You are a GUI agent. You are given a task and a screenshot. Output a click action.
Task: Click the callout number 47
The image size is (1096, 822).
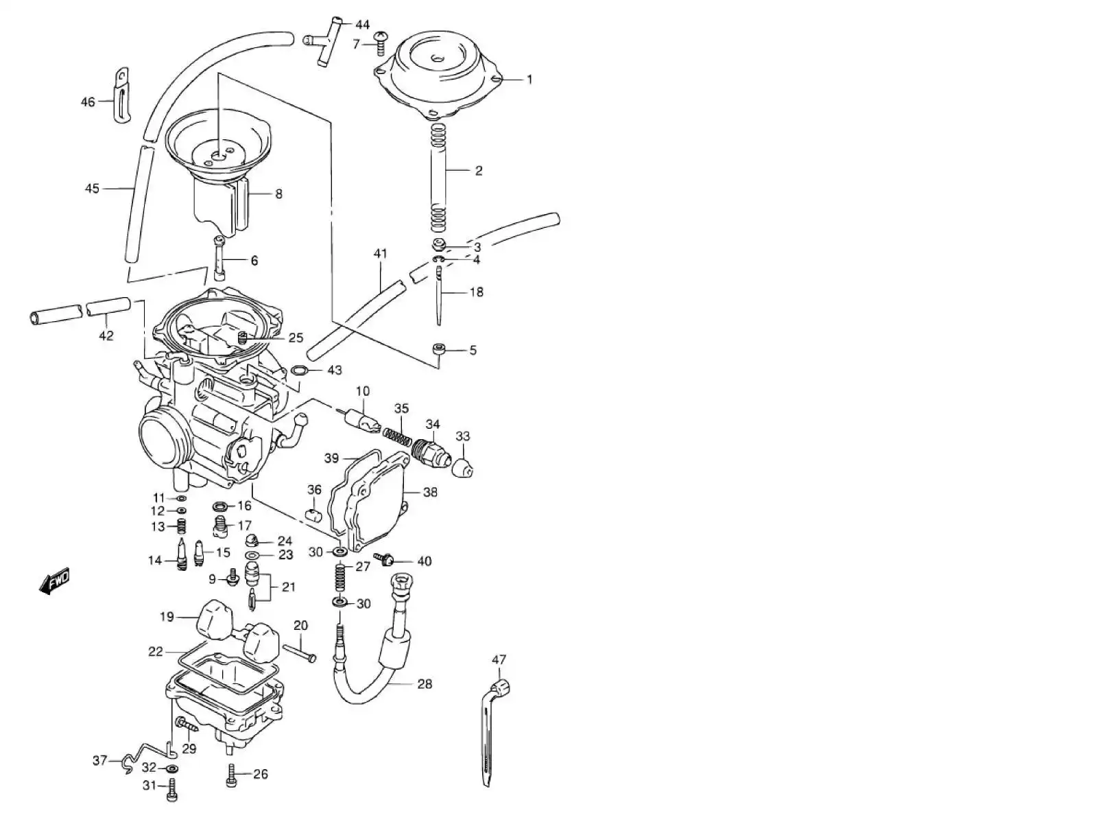tap(499, 660)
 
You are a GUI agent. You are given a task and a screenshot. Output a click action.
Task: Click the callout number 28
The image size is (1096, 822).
tap(425, 684)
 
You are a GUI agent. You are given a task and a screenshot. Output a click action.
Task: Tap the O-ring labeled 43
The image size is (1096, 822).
tap(299, 371)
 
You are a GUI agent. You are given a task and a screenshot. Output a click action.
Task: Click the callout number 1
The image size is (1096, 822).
tap(529, 80)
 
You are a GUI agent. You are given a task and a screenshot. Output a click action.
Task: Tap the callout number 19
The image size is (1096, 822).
tap(167, 617)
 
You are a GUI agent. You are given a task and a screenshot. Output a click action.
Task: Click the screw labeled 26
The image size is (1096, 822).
tap(232, 775)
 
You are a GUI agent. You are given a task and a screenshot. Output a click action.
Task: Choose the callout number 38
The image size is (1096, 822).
tap(430, 492)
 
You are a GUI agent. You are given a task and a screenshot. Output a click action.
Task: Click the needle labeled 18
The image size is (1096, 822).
tap(438, 295)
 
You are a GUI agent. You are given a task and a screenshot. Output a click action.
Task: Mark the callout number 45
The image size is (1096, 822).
tap(92, 189)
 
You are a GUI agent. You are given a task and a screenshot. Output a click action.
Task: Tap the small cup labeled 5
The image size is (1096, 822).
tap(439, 350)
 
